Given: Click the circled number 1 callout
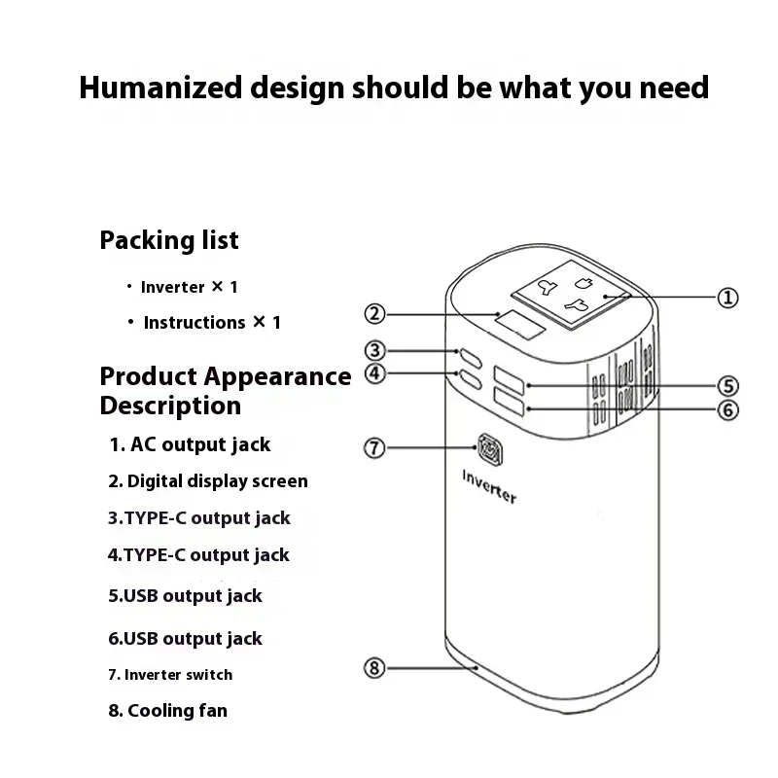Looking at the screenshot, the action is pyautogui.click(x=727, y=298).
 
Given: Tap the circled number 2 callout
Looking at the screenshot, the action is pyautogui.click(x=375, y=313).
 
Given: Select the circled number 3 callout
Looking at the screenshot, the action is pyautogui.click(x=375, y=350).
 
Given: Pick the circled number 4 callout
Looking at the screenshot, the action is pyautogui.click(x=375, y=372).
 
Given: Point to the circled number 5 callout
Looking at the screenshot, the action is pyautogui.click(x=727, y=386).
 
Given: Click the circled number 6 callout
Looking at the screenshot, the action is pyautogui.click(x=727, y=409).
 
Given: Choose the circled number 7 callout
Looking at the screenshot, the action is pyautogui.click(x=375, y=448).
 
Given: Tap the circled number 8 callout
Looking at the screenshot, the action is pyautogui.click(x=375, y=667).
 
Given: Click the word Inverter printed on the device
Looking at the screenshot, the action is pyautogui.click(x=489, y=484).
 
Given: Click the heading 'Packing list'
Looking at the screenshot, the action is pyautogui.click(x=169, y=240).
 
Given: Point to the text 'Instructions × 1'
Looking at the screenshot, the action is pyautogui.click(x=212, y=322).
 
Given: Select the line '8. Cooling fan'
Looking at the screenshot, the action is pyautogui.click(x=167, y=711).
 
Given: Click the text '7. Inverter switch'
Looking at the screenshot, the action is pyautogui.click(x=170, y=674).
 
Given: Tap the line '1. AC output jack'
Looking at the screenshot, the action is pyautogui.click(x=190, y=444).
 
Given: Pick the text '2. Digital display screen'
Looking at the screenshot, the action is pyautogui.click(x=207, y=480).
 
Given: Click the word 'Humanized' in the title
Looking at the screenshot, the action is pyautogui.click(x=159, y=88).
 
